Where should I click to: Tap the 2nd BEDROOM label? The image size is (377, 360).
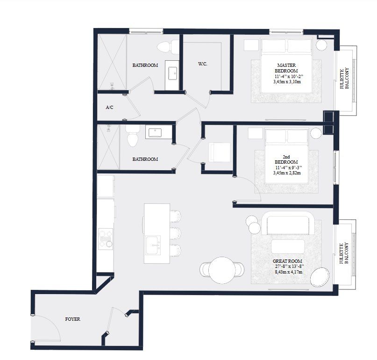(x=287, y=159)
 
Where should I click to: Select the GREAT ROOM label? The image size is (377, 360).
(x=287, y=261)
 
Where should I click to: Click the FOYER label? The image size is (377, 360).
(x=72, y=319)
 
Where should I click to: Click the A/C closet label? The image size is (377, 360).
(x=110, y=107)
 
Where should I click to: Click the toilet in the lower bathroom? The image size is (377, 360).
(x=133, y=136)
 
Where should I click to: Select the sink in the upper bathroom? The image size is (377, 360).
(x=172, y=72)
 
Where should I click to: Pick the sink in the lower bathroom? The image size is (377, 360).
(x=154, y=132)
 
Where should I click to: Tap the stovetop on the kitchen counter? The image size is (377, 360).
(x=105, y=238)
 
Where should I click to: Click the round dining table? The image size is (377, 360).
(x=221, y=270)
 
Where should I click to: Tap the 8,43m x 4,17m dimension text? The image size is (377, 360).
(x=287, y=271)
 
